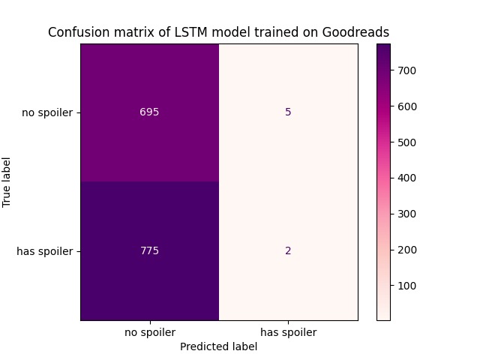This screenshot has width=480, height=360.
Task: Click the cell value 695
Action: coord(149,112)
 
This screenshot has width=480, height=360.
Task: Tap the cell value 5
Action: coord(288,112)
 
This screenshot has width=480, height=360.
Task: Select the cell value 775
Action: coord(149,251)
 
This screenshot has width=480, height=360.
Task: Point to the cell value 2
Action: coord(288,251)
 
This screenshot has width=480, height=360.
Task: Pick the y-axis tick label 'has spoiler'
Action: coord(45,251)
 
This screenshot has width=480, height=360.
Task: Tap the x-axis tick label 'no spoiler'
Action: coord(149,332)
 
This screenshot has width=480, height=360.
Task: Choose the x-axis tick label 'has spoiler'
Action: coord(288,332)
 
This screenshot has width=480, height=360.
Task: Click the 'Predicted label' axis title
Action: coord(219,346)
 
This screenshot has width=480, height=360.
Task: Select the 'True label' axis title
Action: coord(7,182)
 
